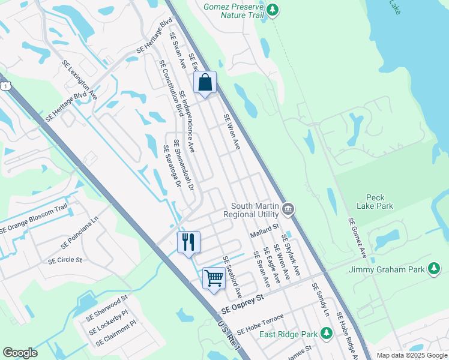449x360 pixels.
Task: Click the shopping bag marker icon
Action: coord(205,83)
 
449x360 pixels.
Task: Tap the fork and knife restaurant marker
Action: coord(188,242)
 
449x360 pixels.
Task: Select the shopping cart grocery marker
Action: coord(214,278)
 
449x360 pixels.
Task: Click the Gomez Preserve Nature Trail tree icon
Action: coord(273,10)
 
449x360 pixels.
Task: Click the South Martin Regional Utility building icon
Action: coord(288,209)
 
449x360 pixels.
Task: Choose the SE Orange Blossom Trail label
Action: coord(34,219)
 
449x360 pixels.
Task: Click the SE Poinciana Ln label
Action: coord(79,237)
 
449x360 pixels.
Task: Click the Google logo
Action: coord(20,353)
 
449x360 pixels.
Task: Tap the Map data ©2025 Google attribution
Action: coord(411,355)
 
